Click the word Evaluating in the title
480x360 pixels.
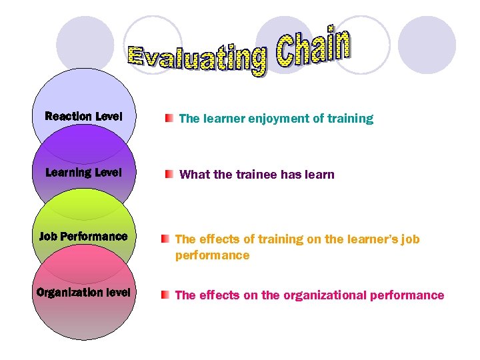pos(197,58)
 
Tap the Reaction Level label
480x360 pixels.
pos(83,117)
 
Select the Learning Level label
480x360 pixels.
pos(83,173)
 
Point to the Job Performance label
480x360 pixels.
pos(83,236)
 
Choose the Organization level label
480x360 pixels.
pos(83,292)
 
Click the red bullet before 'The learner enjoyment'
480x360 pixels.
pos(170,119)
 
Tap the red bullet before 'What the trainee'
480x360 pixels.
pos(170,175)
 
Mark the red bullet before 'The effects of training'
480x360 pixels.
pos(165,239)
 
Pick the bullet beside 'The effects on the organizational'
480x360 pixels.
pos(165,295)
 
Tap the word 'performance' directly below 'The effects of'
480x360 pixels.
pos(212,255)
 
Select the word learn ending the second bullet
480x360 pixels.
pos(321,175)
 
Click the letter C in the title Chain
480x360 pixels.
pos(287,53)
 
